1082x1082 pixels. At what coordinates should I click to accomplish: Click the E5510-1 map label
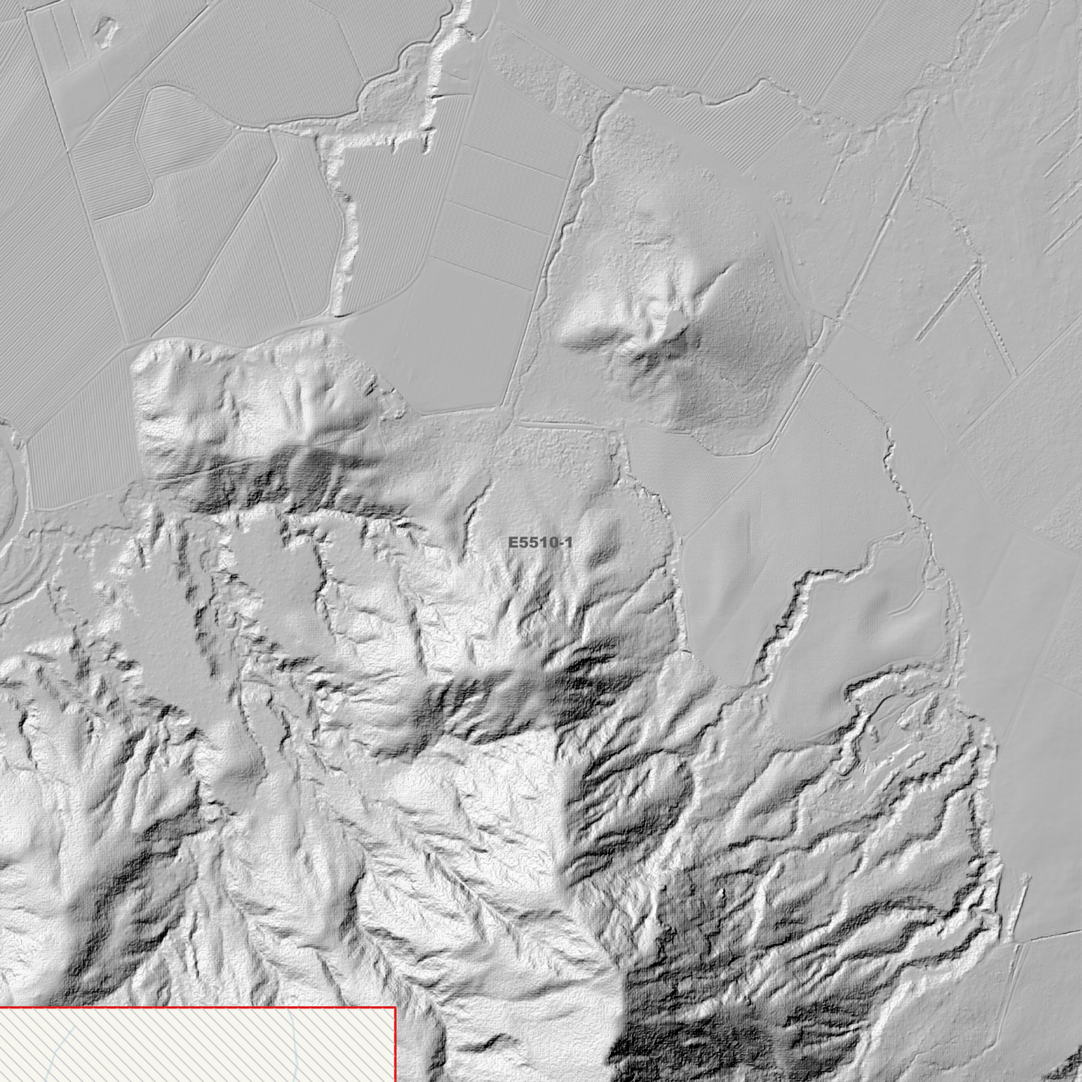540,543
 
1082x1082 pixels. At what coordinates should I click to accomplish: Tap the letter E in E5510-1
513,543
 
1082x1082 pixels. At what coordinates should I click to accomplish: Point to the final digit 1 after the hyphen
568,543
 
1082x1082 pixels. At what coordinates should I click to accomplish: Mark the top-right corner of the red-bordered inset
395,1009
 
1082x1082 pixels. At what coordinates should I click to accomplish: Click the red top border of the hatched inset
195,1009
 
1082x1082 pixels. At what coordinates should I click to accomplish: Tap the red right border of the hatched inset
395,1048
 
